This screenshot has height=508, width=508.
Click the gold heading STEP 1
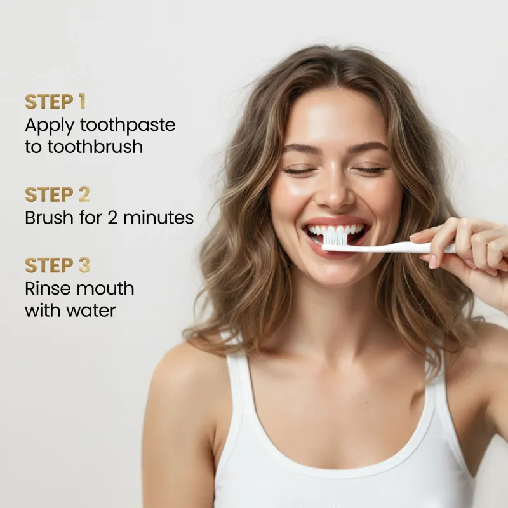(x=55, y=102)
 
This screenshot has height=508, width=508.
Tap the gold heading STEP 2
(x=57, y=194)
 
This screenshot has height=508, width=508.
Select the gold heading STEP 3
(x=57, y=265)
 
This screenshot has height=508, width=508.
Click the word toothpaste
(x=128, y=126)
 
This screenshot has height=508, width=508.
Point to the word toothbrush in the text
(x=95, y=147)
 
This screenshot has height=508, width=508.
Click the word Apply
(x=50, y=126)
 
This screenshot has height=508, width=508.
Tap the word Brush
(x=50, y=217)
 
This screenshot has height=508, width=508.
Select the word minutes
(x=158, y=218)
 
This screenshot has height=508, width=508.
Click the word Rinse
(x=45, y=288)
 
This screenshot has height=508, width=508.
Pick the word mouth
(x=102, y=288)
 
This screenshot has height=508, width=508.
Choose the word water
(x=91, y=311)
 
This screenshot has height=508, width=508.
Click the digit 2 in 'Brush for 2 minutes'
(x=112, y=218)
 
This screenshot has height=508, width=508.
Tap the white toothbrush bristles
(x=336, y=239)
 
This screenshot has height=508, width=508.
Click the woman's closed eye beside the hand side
(x=370, y=170)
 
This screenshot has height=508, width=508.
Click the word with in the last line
(x=43, y=310)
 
